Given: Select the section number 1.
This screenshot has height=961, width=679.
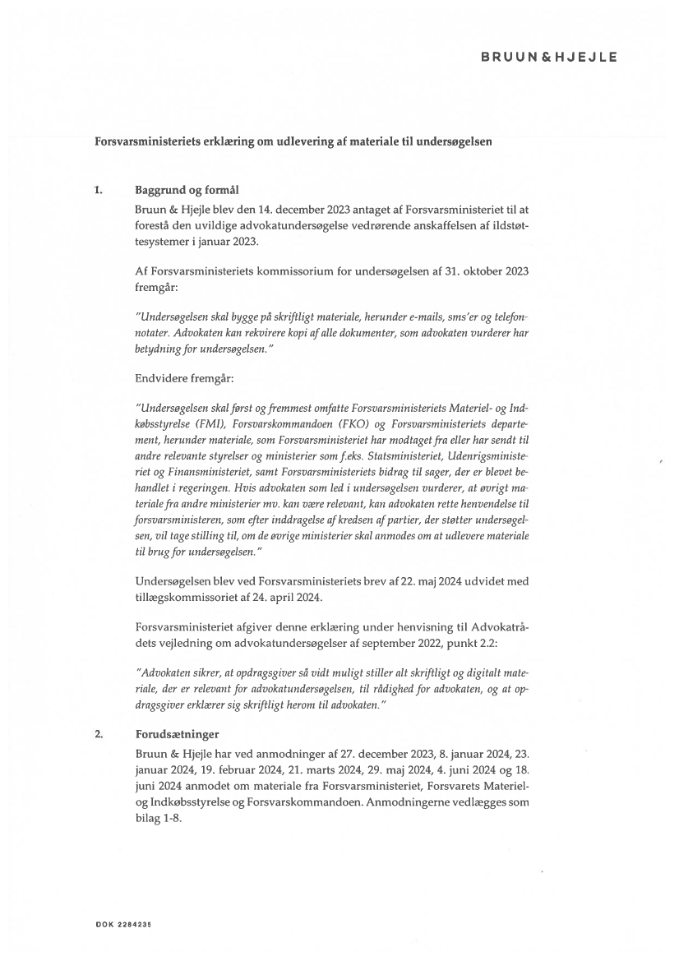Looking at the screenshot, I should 99,191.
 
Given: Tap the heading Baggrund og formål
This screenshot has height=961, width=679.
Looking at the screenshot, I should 180,191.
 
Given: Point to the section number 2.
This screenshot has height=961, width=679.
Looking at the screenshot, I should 99,734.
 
